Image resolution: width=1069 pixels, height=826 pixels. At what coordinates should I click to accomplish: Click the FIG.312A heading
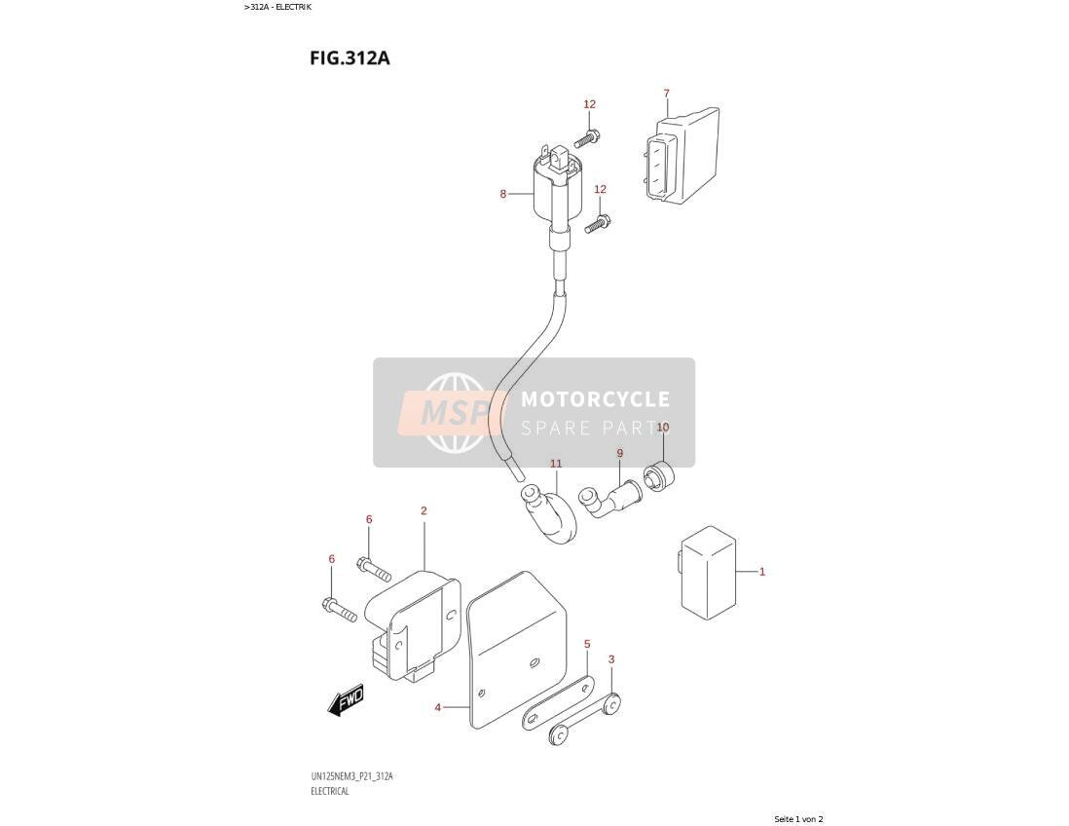(x=350, y=57)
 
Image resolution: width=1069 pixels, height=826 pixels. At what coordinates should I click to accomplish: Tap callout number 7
(x=666, y=94)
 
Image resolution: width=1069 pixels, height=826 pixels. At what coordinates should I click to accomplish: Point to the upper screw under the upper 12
(x=586, y=139)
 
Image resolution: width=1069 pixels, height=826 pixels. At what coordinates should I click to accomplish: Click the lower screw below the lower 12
(x=597, y=224)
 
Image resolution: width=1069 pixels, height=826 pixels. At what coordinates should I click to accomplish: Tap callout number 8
(x=503, y=194)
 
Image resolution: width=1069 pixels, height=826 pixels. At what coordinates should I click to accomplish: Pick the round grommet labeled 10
(x=658, y=475)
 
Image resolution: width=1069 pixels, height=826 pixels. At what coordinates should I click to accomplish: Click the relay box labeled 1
(x=708, y=573)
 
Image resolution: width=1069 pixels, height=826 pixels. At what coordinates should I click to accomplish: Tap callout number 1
(x=762, y=572)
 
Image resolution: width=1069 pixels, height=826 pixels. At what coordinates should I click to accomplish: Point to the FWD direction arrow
(x=346, y=700)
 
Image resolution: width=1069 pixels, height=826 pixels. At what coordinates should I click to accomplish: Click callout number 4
(x=438, y=707)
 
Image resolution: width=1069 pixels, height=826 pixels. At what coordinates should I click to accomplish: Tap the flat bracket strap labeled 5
(x=559, y=702)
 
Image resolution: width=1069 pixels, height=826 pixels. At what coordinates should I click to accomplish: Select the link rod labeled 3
(x=585, y=719)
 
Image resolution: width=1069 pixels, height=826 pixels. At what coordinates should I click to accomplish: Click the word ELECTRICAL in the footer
(x=330, y=791)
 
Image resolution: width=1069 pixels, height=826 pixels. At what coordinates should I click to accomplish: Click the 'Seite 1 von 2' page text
(x=799, y=818)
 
